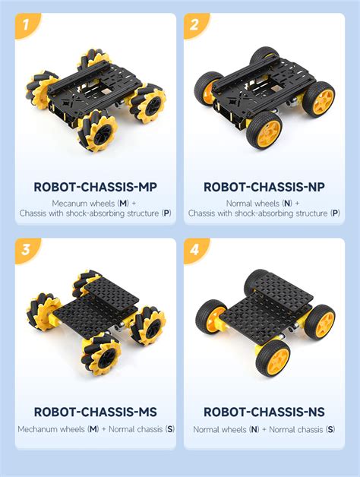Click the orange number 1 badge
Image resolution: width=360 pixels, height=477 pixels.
click(27, 26)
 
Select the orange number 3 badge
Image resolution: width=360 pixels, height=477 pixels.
click(27, 251)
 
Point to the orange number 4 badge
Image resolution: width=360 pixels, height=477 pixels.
click(195, 251)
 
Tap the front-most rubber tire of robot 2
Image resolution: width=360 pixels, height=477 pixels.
click(266, 131)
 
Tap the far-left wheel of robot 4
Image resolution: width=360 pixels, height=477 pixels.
click(210, 319)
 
